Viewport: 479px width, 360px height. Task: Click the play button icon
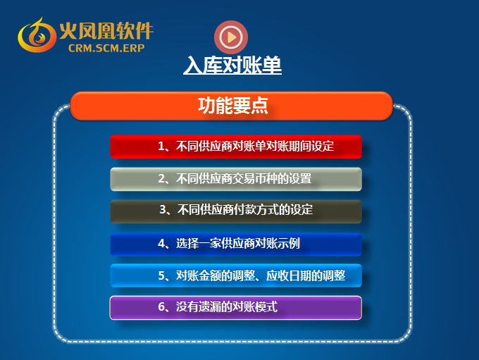pos(231,37)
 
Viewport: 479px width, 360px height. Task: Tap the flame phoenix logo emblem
pos(37,35)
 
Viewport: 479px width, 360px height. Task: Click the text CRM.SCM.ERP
pos(106,49)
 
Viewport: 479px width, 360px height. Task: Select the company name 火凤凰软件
pos(106,31)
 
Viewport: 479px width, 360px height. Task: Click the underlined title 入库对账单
pos(232,65)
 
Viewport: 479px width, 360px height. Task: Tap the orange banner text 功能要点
pos(233,106)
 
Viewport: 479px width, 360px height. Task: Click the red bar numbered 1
pos(236,147)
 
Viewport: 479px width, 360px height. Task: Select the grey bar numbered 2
pos(236,179)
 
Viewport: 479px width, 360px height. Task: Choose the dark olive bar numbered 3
pos(236,211)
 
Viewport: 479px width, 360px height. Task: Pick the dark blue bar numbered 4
pos(236,244)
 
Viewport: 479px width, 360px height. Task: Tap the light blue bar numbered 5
pos(236,275)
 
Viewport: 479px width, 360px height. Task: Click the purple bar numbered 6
pos(236,308)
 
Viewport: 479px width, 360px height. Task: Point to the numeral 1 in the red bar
pos(161,147)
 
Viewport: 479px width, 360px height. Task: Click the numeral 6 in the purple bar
pos(161,306)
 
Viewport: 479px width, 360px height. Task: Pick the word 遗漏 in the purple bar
pos(210,306)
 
